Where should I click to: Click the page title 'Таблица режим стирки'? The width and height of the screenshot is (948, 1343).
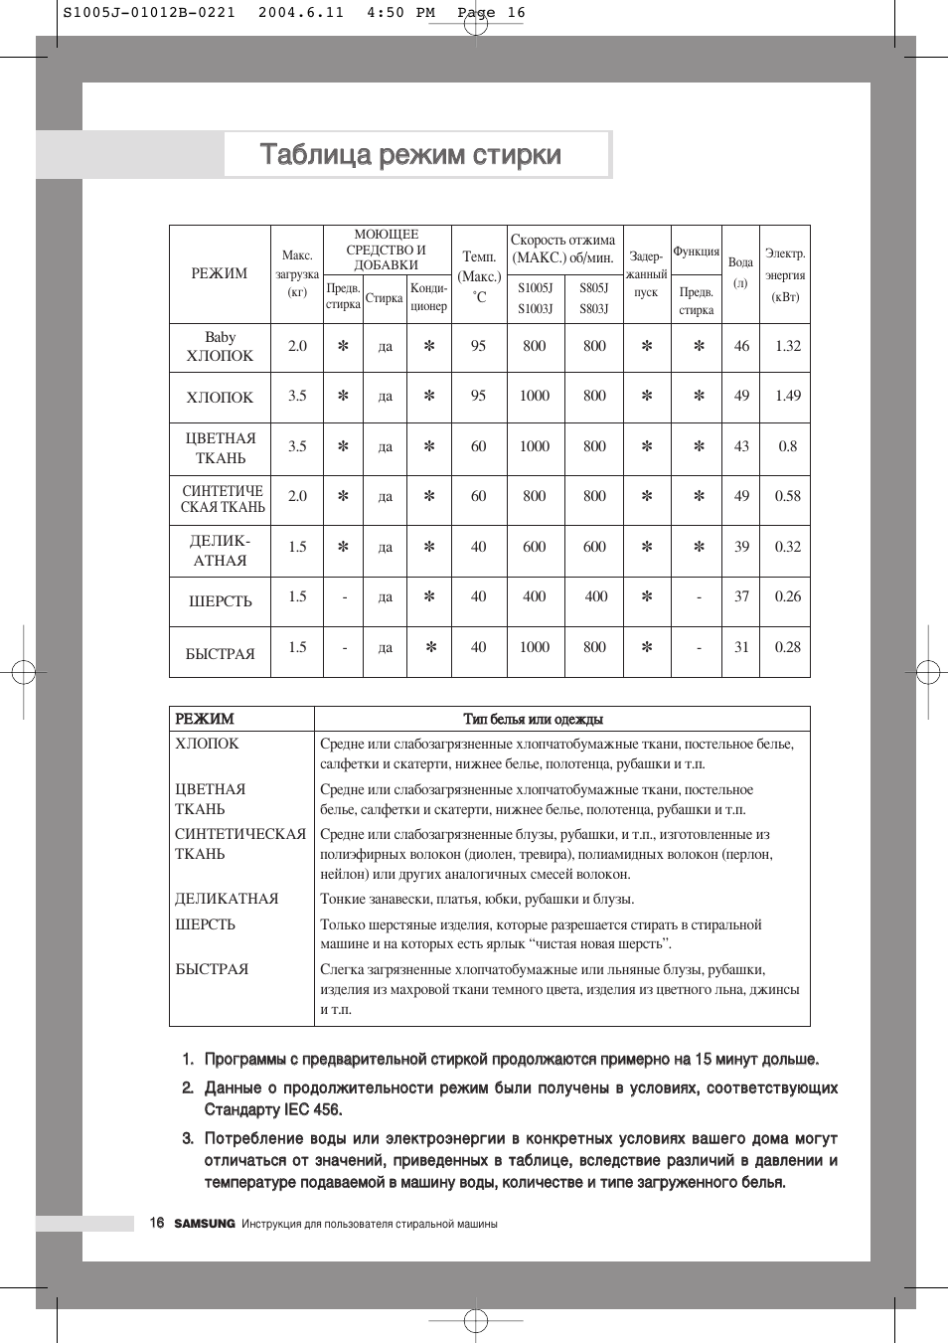tap(410, 155)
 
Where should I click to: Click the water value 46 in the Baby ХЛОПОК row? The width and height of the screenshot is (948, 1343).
tap(741, 346)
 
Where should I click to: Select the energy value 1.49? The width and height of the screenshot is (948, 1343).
tap(787, 396)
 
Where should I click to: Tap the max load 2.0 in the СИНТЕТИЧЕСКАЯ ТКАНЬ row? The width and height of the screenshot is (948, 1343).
tap(297, 496)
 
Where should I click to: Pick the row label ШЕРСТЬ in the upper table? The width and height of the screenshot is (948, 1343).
tap(220, 601)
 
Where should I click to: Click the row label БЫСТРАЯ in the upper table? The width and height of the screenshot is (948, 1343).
tap(220, 654)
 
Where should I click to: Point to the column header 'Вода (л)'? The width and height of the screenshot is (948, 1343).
tap(740, 271)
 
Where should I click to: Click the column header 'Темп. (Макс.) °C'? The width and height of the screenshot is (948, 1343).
tap(479, 275)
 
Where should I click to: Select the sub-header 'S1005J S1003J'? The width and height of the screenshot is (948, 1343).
tap(535, 298)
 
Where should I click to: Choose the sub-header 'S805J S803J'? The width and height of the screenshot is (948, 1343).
tap(594, 298)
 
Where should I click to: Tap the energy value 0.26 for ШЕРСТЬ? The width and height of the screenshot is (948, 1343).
tap(787, 596)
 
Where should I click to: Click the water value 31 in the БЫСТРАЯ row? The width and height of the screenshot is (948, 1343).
tap(741, 647)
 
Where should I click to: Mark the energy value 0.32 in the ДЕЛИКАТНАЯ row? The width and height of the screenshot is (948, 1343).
tap(787, 547)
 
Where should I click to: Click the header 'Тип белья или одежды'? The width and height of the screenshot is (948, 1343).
tap(533, 719)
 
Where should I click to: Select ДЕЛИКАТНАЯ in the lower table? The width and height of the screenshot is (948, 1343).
tap(227, 899)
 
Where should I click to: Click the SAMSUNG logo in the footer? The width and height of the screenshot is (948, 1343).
tap(205, 1224)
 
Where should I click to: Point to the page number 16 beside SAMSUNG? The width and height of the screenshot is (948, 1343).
tap(157, 1223)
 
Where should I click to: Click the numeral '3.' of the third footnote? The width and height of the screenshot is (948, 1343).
tap(188, 1138)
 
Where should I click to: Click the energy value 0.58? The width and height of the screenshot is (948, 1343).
tap(787, 496)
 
